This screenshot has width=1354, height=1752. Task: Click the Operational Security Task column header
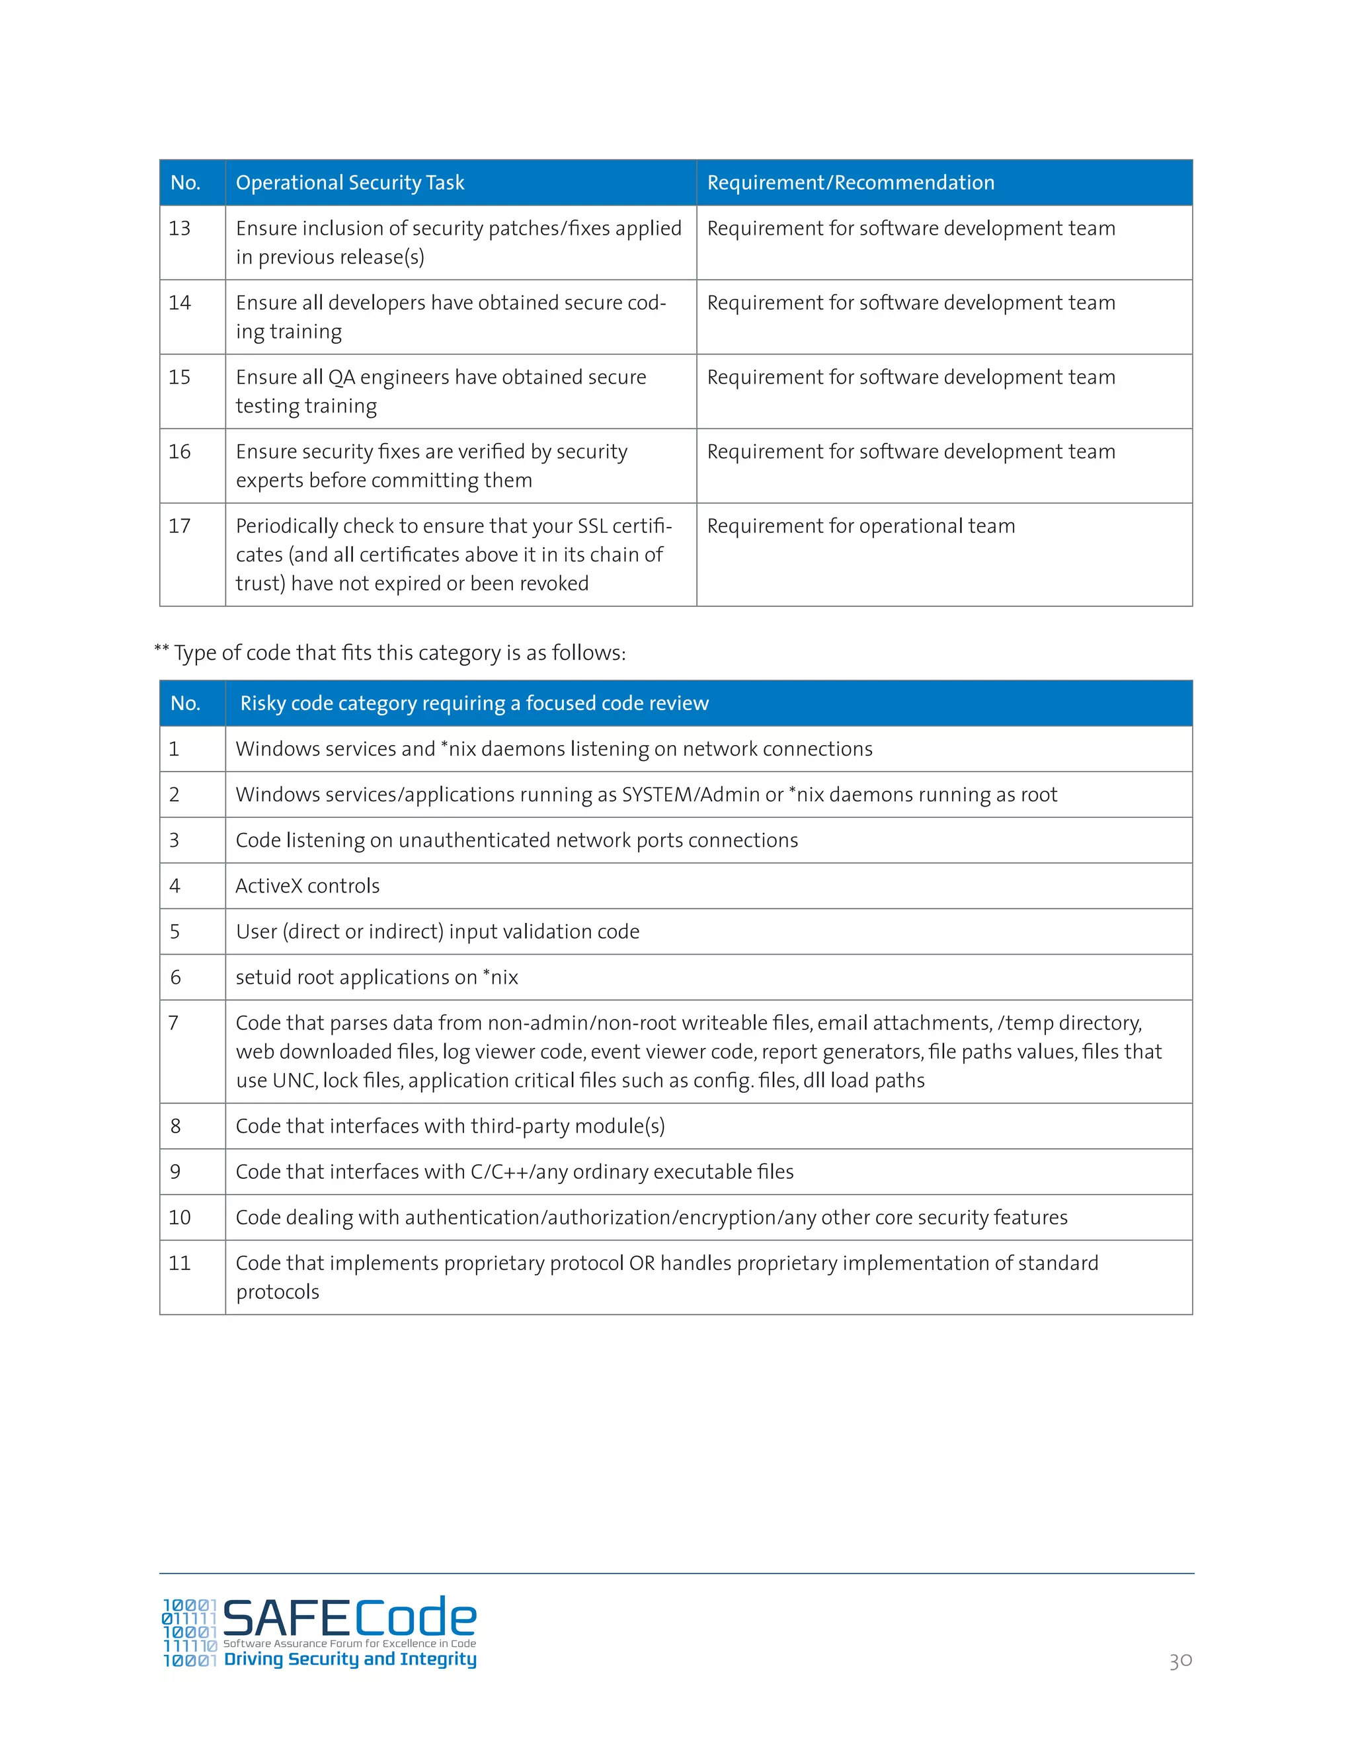350,183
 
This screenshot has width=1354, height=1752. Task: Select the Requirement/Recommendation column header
850,183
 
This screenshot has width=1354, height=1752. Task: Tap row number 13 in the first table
180,229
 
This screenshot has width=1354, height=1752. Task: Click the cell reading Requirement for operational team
861,526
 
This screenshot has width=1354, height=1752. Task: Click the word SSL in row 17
592,526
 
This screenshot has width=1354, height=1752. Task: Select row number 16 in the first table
180,452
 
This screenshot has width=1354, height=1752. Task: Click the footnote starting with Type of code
390,653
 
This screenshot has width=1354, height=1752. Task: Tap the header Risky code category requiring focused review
474,703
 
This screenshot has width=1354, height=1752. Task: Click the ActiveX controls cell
307,887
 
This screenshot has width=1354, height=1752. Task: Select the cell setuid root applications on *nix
377,978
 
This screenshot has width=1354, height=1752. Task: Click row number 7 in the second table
173,1023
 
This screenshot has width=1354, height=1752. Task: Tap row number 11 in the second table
180,1264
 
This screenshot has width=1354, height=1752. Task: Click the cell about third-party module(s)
450,1127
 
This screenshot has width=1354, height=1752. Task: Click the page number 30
1180,1661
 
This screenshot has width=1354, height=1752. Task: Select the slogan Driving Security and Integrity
350,1659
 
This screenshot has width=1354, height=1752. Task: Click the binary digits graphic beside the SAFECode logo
189,1633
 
